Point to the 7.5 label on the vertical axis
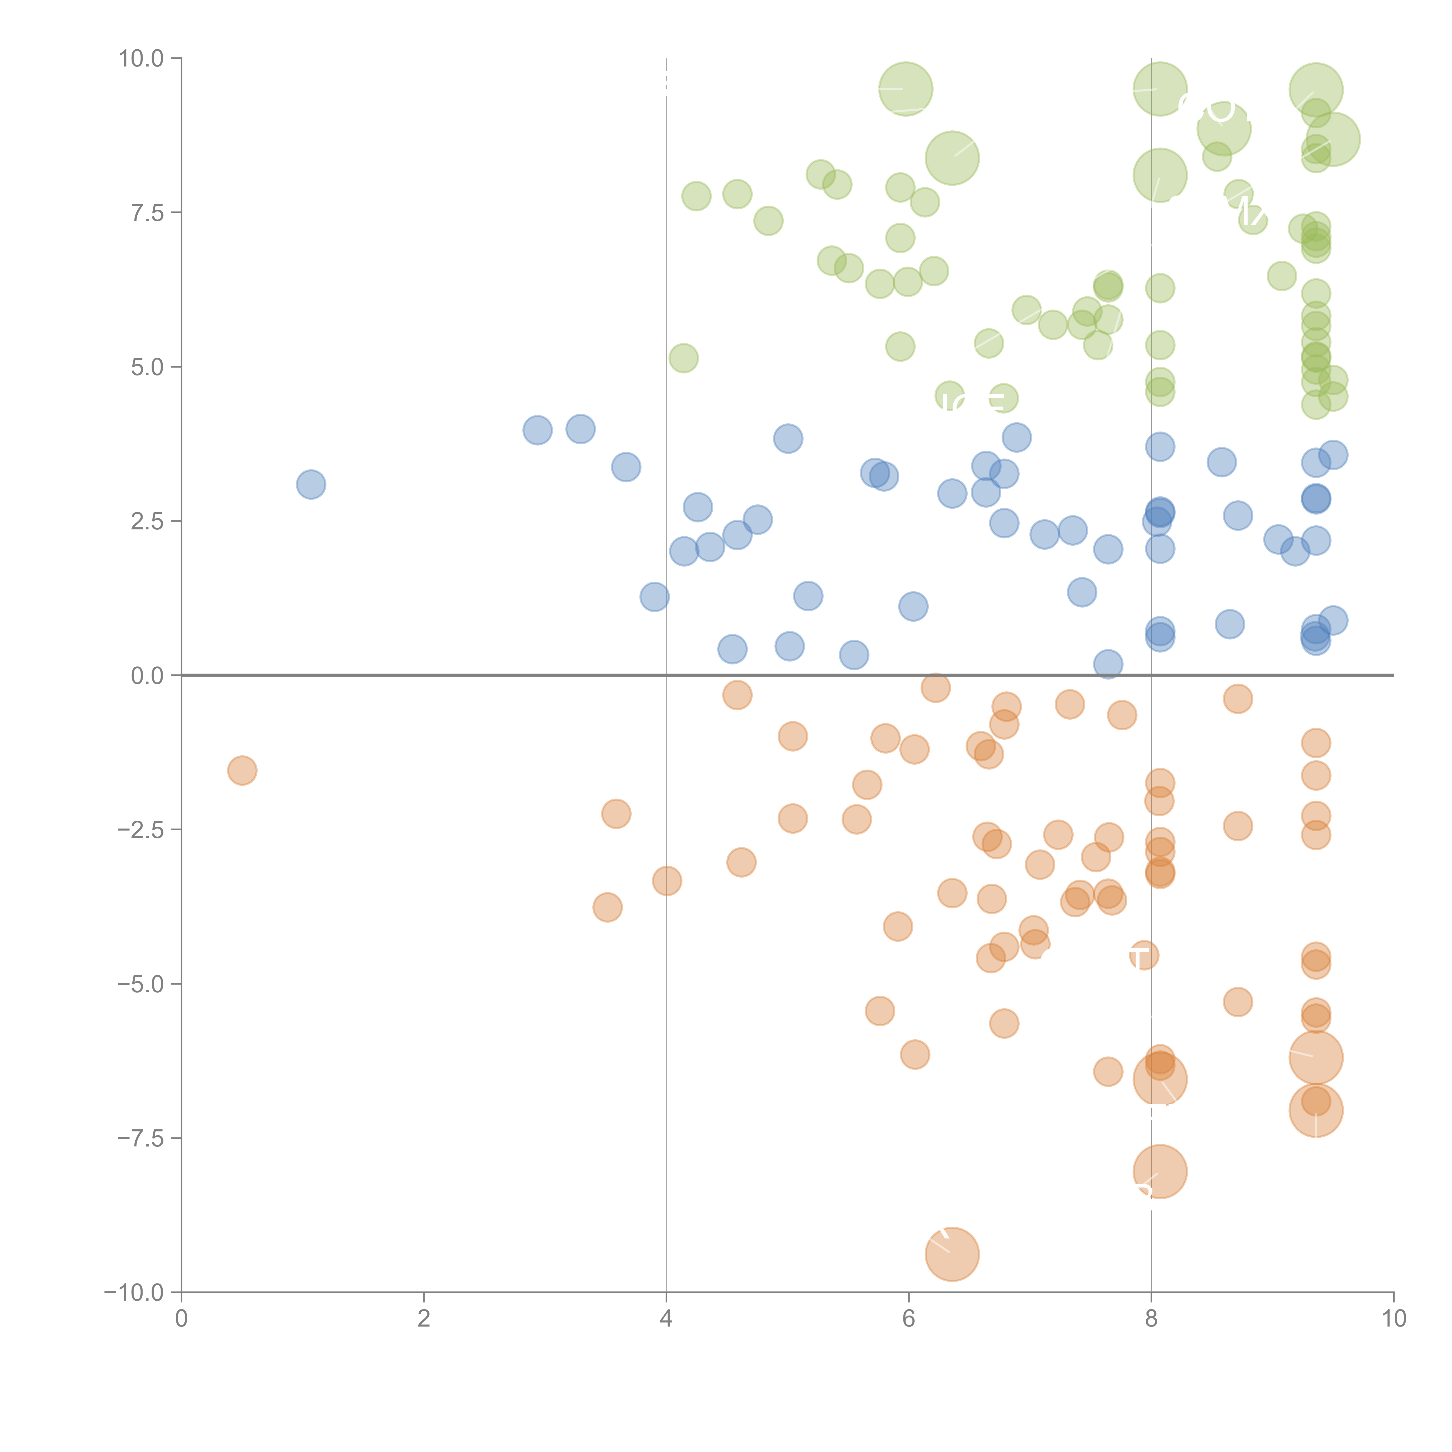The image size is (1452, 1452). click(x=147, y=213)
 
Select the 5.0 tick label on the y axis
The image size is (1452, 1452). click(x=147, y=368)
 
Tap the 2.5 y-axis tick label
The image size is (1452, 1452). click(x=147, y=522)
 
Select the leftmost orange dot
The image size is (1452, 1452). click(x=242, y=770)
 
